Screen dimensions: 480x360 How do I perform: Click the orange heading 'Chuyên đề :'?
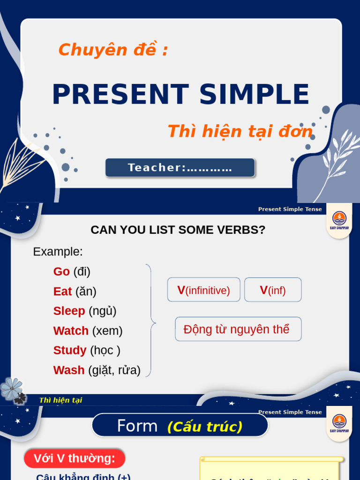click(x=113, y=50)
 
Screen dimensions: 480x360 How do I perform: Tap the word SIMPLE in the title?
click(x=254, y=94)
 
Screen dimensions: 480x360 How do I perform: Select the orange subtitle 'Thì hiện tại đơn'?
click(x=240, y=132)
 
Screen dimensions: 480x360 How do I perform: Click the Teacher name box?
click(x=180, y=168)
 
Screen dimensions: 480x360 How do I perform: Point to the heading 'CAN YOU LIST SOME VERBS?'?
click(x=178, y=230)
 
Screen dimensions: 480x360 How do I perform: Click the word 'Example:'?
click(x=58, y=252)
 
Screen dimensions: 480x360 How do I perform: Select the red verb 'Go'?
click(x=61, y=271)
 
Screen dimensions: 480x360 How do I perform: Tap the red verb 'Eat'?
click(x=62, y=292)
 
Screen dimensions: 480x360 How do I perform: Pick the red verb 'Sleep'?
click(x=69, y=311)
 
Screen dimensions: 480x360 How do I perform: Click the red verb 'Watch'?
click(x=71, y=331)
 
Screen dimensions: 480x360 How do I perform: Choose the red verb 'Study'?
click(x=70, y=351)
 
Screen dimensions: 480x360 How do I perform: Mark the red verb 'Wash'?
click(x=69, y=370)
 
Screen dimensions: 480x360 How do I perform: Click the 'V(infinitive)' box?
click(x=203, y=290)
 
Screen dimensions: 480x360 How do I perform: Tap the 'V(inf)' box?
click(x=273, y=290)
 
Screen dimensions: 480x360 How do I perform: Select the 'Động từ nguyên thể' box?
click(x=238, y=329)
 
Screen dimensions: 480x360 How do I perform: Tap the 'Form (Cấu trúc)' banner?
click(x=180, y=426)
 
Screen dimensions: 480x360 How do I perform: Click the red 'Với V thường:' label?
click(x=75, y=458)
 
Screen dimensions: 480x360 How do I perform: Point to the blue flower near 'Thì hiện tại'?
click(x=11, y=389)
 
